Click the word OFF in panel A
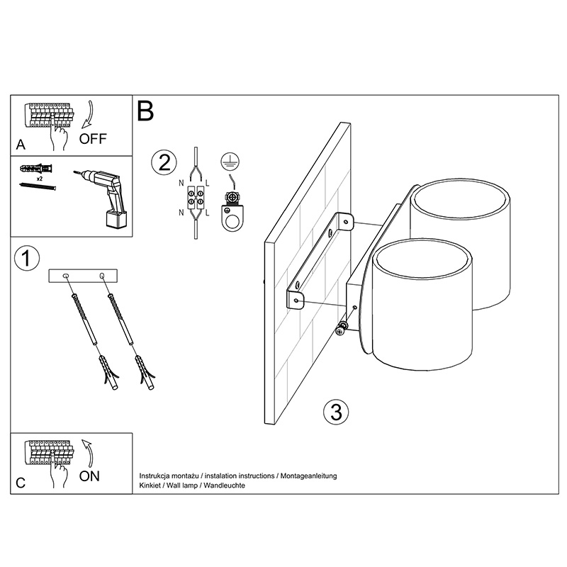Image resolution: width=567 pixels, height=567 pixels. (93, 138)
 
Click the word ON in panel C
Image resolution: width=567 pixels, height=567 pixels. (90, 476)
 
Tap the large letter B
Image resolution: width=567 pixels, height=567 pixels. (145, 111)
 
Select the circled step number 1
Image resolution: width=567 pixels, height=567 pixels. (26, 259)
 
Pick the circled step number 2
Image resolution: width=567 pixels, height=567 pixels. (163, 163)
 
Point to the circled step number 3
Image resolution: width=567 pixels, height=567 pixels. (335, 411)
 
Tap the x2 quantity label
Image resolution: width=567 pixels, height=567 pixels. (40, 180)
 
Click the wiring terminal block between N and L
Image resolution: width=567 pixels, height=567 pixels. (196, 198)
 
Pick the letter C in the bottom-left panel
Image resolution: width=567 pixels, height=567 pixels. (21, 483)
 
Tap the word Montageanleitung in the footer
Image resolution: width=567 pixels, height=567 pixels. (309, 476)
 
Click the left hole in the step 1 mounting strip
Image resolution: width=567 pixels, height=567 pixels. (66, 275)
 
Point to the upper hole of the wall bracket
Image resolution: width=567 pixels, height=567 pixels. (345, 223)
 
